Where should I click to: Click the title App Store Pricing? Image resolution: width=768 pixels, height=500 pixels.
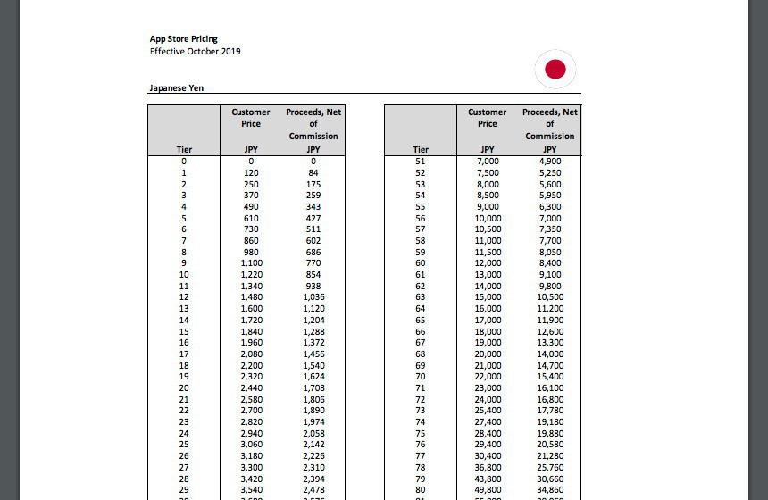click(x=183, y=39)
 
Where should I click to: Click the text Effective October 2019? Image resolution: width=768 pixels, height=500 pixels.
click(x=195, y=51)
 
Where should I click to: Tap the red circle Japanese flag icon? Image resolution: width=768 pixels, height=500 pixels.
click(x=555, y=69)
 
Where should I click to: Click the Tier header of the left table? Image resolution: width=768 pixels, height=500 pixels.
click(x=184, y=149)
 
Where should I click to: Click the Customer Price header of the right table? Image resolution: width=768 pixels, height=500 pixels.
click(x=488, y=118)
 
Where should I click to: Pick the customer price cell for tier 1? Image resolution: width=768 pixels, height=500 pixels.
click(x=251, y=172)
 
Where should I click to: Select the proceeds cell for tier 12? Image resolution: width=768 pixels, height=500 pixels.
click(x=313, y=297)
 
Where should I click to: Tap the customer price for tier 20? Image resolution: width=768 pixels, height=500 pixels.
click(x=251, y=387)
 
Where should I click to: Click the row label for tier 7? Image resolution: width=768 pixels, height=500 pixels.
click(x=184, y=240)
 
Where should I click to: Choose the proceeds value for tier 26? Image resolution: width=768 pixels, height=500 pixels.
click(x=313, y=455)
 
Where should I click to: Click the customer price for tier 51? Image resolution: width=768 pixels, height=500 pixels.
click(x=488, y=161)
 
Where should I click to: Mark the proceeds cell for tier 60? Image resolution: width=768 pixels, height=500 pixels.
click(x=550, y=263)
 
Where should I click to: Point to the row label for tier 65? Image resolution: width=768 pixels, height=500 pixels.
click(x=421, y=320)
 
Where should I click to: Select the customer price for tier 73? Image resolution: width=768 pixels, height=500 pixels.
click(x=488, y=410)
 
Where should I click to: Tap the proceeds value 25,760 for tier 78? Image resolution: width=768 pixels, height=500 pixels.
click(x=550, y=467)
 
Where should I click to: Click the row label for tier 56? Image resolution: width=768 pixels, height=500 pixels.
click(x=421, y=218)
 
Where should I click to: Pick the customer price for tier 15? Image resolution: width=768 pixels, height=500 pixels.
click(x=251, y=331)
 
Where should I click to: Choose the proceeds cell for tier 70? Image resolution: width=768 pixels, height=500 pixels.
click(x=550, y=376)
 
